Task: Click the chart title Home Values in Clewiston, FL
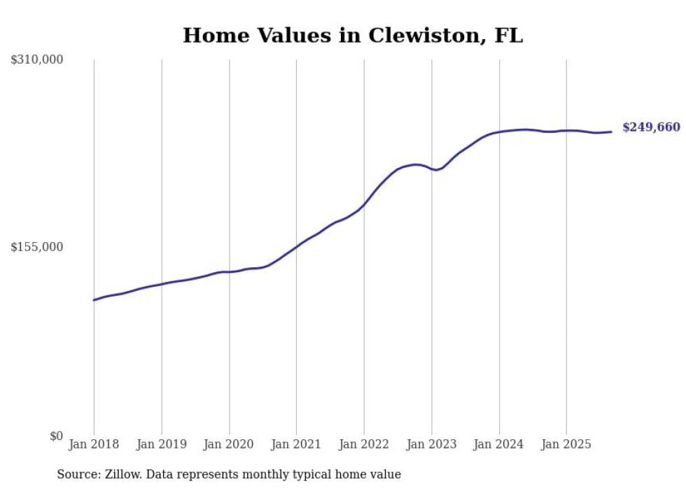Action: point(352,36)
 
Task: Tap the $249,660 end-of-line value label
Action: point(651,127)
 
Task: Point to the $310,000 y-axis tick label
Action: point(37,60)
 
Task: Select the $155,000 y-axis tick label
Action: point(37,247)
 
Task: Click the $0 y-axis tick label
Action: point(56,436)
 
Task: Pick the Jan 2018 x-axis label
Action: point(94,444)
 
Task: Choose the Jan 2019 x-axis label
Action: point(162,444)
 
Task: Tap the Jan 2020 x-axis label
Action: point(229,444)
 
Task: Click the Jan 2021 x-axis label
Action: point(296,444)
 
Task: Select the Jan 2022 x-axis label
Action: point(364,444)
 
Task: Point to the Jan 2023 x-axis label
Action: point(431,444)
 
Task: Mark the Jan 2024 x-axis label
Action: point(499,444)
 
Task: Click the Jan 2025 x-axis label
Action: point(566,444)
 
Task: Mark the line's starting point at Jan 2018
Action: point(94,300)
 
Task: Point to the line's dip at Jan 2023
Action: point(435,170)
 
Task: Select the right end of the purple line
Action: point(611,132)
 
